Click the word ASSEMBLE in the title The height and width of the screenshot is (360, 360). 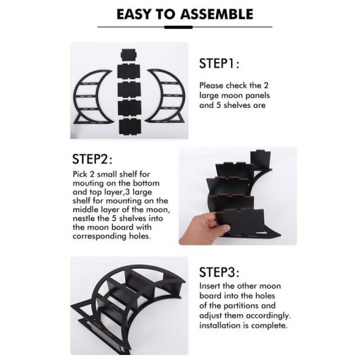click(217, 14)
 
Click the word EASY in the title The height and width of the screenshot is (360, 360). click(133, 14)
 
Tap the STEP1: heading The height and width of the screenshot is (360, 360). click(219, 64)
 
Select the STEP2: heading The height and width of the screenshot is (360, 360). click(92, 159)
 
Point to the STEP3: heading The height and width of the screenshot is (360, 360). click(219, 272)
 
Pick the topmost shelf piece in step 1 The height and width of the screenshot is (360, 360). click(128, 55)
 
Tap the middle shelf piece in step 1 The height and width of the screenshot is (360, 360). click(129, 90)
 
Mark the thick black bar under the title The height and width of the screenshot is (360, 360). click(178, 27)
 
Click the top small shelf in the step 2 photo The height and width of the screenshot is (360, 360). click(260, 160)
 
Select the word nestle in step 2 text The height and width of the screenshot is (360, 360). click(83, 218)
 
